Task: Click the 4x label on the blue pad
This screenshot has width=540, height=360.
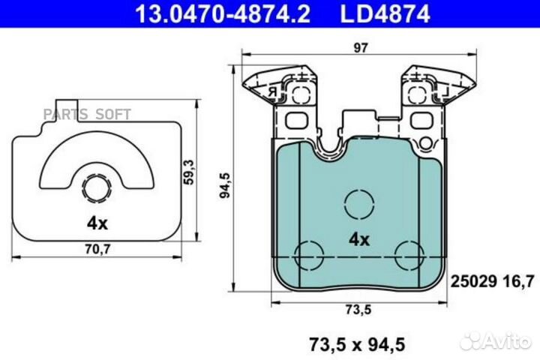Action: click(x=359, y=240)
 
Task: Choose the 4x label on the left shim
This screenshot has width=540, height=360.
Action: click(x=96, y=223)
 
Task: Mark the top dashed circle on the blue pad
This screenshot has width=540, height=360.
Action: click(x=358, y=202)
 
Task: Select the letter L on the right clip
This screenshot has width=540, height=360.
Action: click(x=445, y=91)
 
